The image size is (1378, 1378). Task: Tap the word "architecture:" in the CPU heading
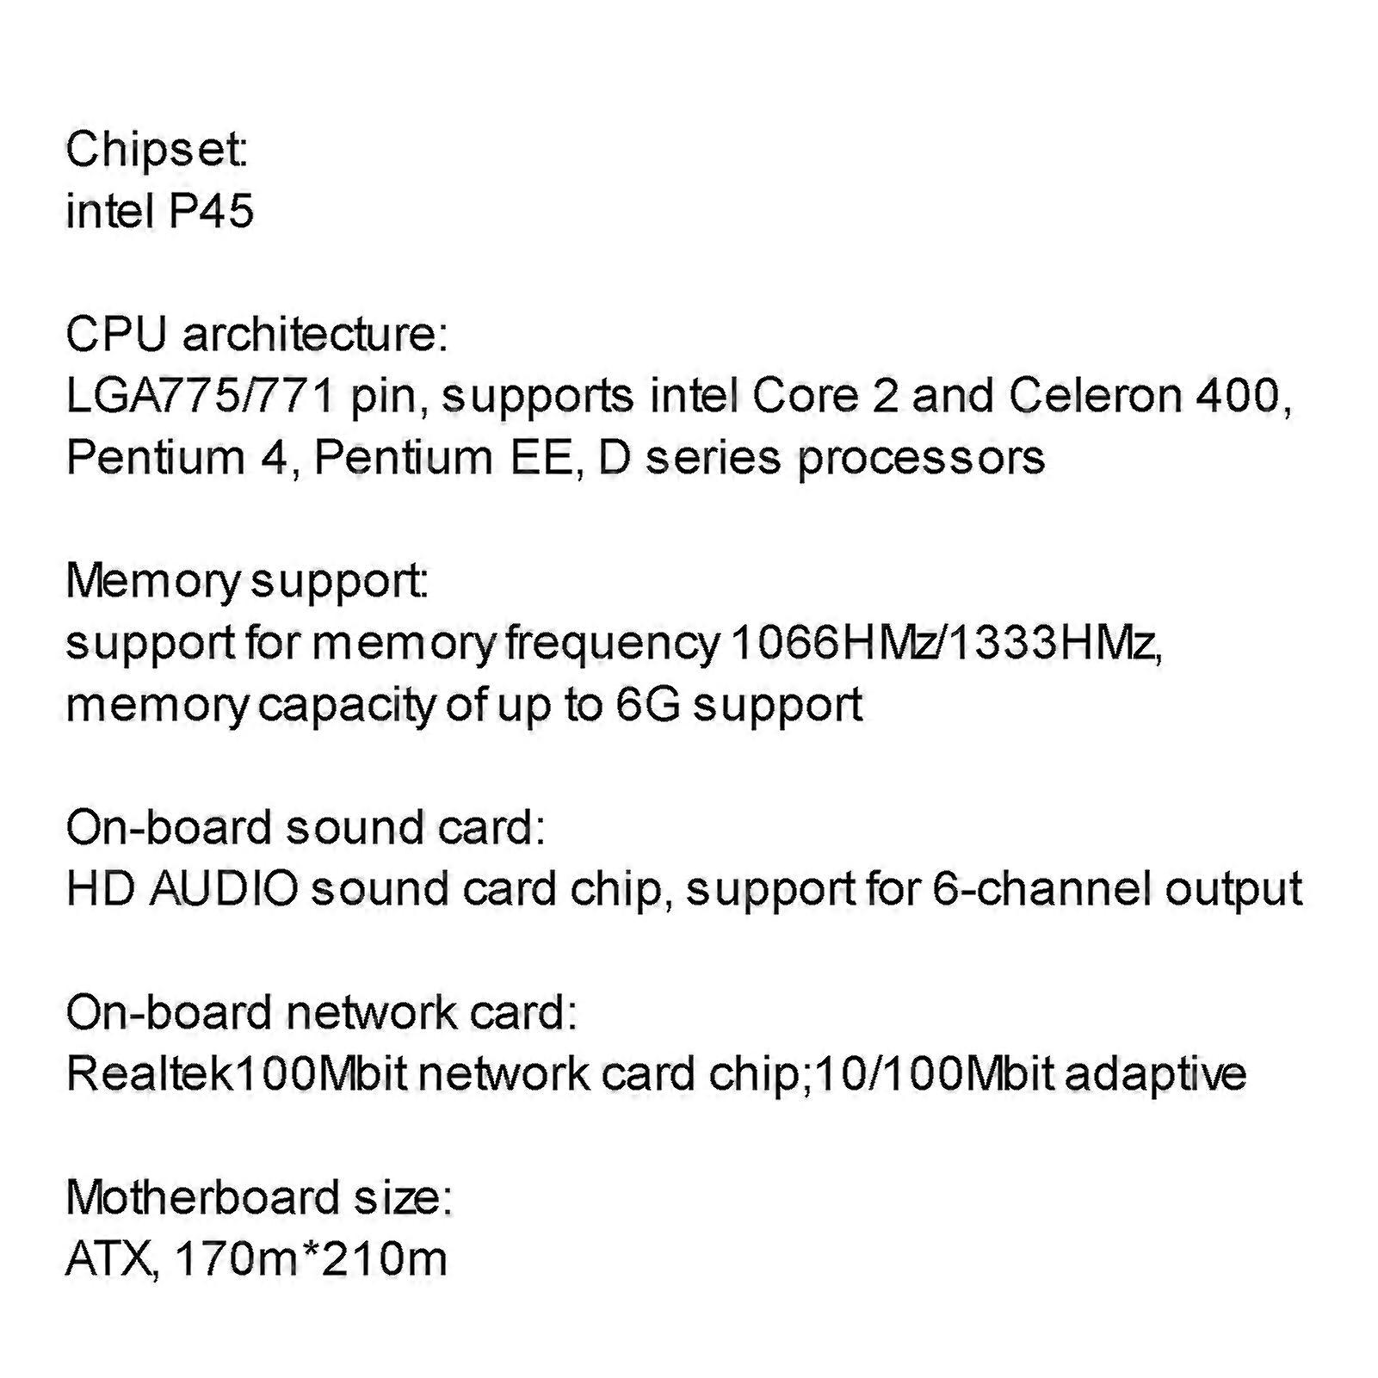(315, 334)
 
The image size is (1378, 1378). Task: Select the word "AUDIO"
(224, 889)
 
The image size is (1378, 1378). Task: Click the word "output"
(1233, 892)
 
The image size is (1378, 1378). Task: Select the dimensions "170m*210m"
(311, 1259)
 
